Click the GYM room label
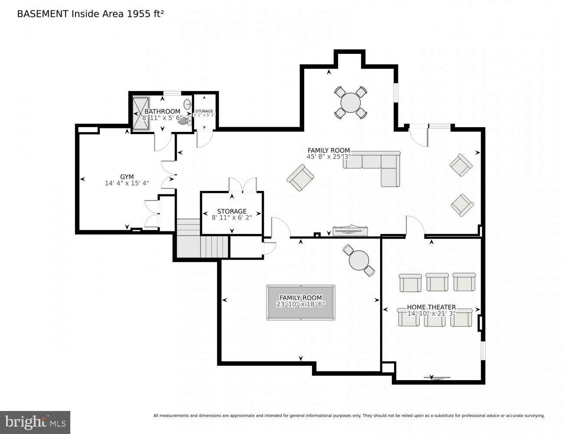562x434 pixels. pos(127,177)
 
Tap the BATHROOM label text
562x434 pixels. pos(162,112)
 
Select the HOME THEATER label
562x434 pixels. pos(431,307)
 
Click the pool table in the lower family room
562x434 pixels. pos(300,302)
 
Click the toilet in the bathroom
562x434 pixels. pos(185,121)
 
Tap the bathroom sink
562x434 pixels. pos(187,105)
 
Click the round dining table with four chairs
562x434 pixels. pos(351,103)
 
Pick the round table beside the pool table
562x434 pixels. pos(359,260)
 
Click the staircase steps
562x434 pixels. pos(202,241)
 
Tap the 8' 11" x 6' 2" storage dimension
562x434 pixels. pos(232,217)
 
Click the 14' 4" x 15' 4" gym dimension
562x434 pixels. pos(127,183)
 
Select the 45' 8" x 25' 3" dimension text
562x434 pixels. pos(329,157)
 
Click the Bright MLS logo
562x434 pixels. pos(35,422)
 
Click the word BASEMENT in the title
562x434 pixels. pos(43,14)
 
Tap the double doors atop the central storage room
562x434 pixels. pos(243,185)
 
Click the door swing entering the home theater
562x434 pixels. pos(415,226)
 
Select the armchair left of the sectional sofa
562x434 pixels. pos(300,178)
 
